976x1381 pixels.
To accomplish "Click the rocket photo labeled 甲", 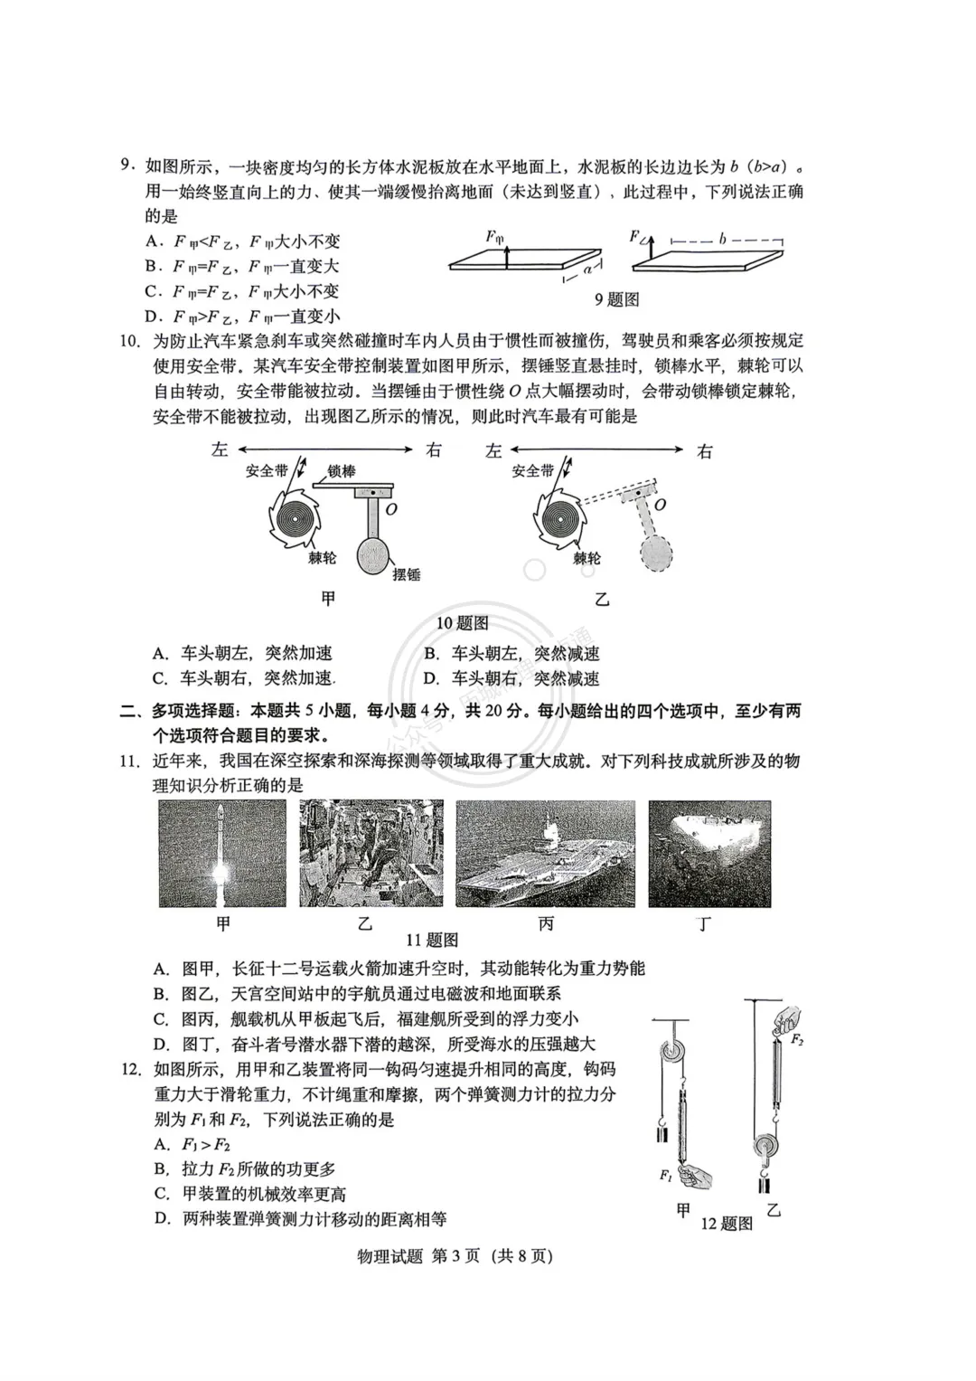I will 222,853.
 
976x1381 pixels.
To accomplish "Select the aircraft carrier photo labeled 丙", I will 545,853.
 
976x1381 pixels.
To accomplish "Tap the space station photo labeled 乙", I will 371,853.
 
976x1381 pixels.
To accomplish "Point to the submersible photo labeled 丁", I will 709,853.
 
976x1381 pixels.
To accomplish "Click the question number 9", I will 128,166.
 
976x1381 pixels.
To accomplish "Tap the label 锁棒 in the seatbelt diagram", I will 341,471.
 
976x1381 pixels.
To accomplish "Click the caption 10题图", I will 463,623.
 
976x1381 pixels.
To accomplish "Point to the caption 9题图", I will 616,299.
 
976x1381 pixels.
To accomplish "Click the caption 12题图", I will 727,1224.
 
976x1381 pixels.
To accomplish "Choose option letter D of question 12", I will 163,1218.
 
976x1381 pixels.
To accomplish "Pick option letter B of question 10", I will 432,654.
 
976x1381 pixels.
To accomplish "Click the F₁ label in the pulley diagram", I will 665,1175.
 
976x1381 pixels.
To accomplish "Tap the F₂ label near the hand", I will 797,1040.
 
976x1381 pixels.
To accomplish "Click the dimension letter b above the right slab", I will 723,239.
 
